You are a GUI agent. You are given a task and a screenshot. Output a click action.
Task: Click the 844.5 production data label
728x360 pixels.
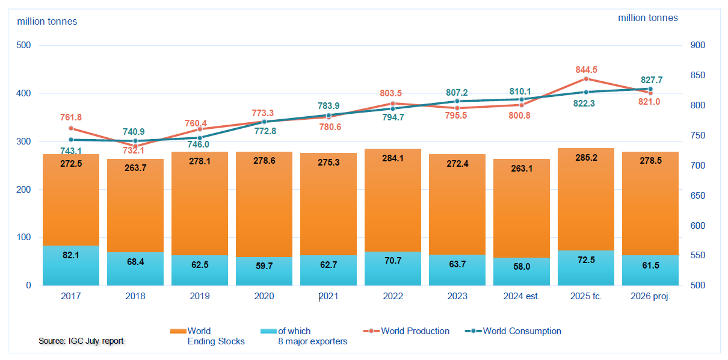coord(586,70)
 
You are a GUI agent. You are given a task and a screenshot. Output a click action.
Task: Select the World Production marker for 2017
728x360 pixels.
coord(71,128)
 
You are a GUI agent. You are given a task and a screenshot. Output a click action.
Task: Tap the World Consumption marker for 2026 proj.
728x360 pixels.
coord(650,88)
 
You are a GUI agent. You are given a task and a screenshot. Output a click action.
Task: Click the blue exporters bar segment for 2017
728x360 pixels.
coord(71,265)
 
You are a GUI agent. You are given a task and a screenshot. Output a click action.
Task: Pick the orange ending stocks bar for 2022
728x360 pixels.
coord(393,200)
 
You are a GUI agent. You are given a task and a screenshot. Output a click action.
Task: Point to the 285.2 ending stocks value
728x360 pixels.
coord(586,158)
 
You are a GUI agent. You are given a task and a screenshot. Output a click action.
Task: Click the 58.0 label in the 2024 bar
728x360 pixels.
coord(522,267)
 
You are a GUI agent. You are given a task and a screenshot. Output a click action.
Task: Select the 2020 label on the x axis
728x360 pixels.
coord(264,296)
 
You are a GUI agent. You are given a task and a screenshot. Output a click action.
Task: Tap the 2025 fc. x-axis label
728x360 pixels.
coord(586,296)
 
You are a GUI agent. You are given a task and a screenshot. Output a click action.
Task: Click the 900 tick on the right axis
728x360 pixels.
coord(698,45)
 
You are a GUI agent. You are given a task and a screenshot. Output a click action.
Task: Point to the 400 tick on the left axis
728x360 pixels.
coord(23,93)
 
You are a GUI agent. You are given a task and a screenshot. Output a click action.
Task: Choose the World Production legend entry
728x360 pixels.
coord(406,331)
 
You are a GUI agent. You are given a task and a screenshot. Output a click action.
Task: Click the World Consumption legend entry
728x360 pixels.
coord(513,331)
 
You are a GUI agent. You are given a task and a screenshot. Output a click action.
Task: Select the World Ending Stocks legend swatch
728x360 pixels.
coord(178,331)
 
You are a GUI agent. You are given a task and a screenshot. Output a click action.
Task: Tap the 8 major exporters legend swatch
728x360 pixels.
coord(268,331)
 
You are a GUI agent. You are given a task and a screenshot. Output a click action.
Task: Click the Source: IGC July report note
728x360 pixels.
coord(81,341)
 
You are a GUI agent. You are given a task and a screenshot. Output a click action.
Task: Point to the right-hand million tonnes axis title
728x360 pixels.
coord(648,18)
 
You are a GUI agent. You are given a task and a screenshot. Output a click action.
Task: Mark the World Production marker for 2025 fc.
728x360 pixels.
coord(586,79)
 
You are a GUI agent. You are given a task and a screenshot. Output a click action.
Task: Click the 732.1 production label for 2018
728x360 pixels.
coord(134,151)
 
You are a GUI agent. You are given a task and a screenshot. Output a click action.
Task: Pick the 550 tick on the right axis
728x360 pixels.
coord(698,255)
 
